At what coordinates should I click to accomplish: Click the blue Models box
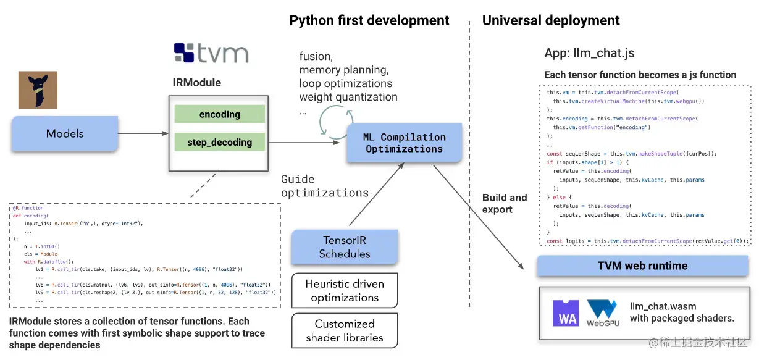click(65, 133)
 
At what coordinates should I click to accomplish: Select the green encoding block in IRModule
click(219, 114)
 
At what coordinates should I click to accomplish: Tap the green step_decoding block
click(219, 143)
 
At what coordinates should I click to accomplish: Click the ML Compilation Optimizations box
click(404, 143)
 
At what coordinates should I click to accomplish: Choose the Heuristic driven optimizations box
click(345, 290)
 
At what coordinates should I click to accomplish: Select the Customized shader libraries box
click(345, 331)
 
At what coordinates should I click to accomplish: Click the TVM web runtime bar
click(642, 266)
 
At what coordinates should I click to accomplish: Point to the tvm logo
click(211, 53)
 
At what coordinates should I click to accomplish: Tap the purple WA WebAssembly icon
click(566, 312)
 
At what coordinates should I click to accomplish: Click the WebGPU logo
click(603, 313)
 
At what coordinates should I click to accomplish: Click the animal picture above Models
click(38, 90)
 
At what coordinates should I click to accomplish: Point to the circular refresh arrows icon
click(336, 122)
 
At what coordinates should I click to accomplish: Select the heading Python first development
click(369, 20)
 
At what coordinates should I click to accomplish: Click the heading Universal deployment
click(551, 20)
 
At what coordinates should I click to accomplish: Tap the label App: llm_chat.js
click(589, 53)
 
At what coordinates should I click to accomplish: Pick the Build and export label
click(505, 203)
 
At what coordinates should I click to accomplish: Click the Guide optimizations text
click(324, 186)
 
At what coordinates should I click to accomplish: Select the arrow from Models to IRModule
click(143, 133)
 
